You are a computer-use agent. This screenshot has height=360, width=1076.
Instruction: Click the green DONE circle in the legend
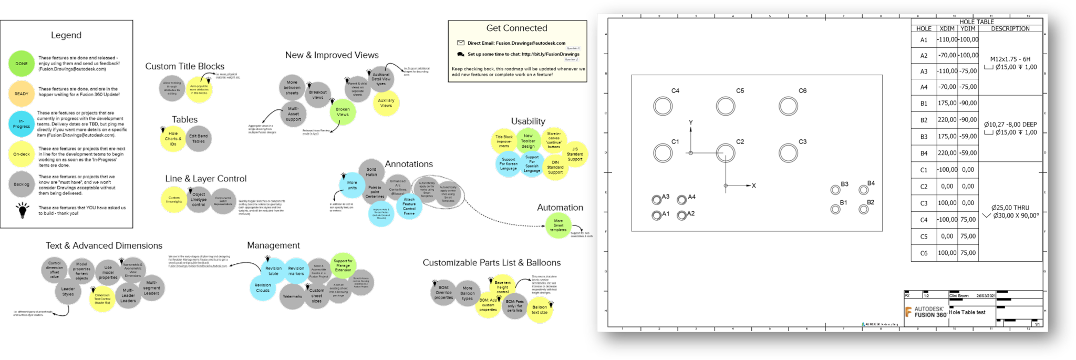coord(21,64)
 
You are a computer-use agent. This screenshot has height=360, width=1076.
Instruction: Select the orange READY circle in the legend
coord(21,94)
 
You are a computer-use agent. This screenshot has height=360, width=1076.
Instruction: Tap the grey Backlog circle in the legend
coord(21,184)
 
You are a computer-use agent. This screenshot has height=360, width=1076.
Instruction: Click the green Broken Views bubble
coord(343,112)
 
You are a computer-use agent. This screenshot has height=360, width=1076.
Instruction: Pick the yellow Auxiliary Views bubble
coord(386,102)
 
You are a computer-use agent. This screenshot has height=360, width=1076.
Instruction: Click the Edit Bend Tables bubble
coord(198,138)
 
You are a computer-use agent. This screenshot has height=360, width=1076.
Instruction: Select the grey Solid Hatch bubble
coord(371,172)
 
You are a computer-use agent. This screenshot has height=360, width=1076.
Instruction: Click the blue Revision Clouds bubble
coord(263,287)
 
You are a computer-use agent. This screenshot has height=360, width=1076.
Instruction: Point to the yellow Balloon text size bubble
coord(539,310)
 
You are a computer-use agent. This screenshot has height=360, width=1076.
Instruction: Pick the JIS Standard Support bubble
coord(575,154)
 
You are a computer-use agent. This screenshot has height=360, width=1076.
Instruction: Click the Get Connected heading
coord(516,28)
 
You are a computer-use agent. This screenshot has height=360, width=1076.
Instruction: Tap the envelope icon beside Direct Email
coord(461,43)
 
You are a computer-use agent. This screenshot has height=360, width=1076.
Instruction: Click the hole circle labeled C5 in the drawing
coord(726,106)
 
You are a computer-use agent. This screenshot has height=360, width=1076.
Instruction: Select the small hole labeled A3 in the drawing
coord(656,200)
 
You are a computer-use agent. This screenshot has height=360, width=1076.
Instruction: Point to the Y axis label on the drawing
coord(691,123)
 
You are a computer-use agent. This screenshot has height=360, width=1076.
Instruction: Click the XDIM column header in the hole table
coord(947,29)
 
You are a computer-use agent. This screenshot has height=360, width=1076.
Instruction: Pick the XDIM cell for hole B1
coord(947,104)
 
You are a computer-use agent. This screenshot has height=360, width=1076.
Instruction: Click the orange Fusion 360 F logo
coord(908,312)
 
